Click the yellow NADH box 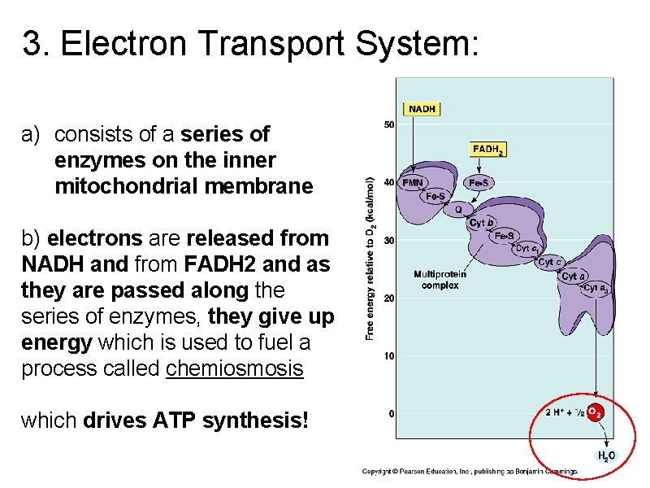pos(422,109)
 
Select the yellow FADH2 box pos(487,150)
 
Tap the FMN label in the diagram pos(412,183)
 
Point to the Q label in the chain pos(458,209)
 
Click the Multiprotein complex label pos(440,280)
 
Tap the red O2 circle pos(595,412)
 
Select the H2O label pos(606,457)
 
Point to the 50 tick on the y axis pos(389,124)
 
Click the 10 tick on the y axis pos(389,355)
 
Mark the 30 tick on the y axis pos(389,240)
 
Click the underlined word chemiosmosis pos(234,368)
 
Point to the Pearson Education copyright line pos(470,472)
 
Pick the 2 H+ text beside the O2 pos(557,412)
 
